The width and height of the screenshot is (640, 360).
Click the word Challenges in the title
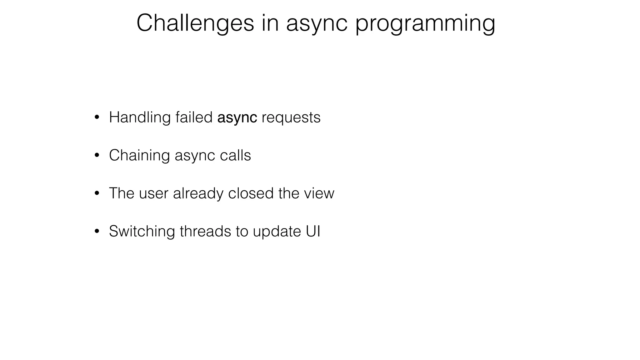tap(195, 23)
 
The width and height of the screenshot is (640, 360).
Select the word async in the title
tap(317, 23)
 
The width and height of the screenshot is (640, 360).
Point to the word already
tap(198, 193)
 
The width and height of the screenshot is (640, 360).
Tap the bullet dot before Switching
tap(97, 232)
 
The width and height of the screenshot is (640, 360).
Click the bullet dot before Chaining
tap(97, 156)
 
